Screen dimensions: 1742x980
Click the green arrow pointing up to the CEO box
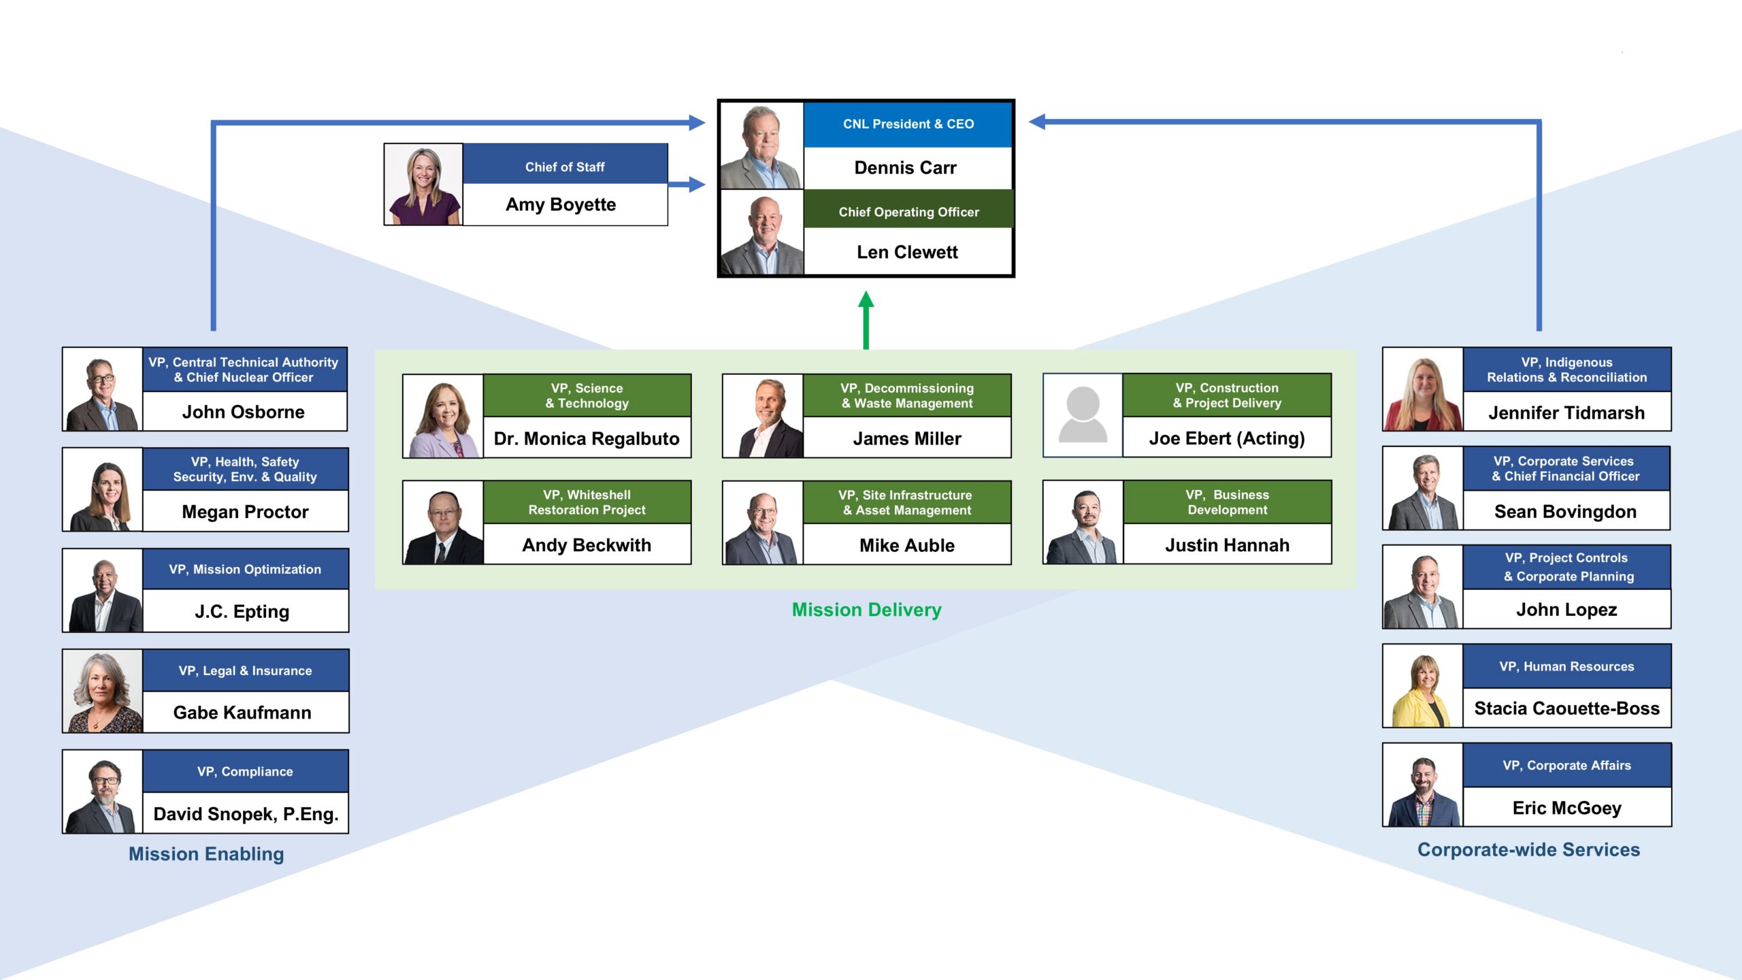[866, 320]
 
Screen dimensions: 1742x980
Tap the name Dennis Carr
[905, 167]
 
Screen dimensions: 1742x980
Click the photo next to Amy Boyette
[423, 184]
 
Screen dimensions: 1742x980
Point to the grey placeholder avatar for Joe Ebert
[1083, 415]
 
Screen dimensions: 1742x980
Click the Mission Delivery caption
[866, 610]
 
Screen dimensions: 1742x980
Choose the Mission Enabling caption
[206, 854]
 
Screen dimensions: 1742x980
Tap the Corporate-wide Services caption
[1528, 850]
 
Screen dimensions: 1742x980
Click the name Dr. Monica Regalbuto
[587, 439]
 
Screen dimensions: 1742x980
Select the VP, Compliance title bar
[246, 771]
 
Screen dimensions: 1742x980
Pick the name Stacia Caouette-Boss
[1566, 708]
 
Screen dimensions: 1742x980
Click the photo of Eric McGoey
[1423, 785]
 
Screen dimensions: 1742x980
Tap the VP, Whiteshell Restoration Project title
[587, 502]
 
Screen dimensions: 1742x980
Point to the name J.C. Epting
[242, 612]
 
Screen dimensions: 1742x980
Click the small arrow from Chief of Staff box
[687, 184]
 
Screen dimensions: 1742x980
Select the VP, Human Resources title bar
[1566, 666]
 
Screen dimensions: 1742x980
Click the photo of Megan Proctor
[103, 489]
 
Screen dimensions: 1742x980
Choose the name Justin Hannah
[1227, 545]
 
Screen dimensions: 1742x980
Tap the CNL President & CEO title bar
[908, 125]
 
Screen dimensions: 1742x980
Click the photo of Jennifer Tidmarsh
[1423, 389]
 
